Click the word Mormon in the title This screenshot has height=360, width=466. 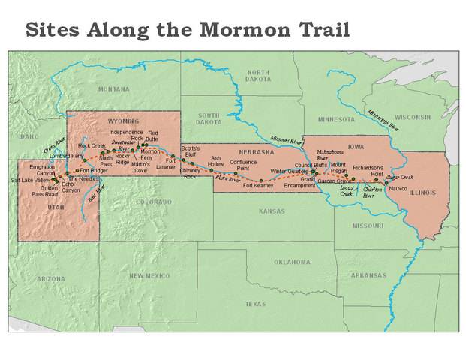(x=239, y=31)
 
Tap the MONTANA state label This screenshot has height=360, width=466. (x=113, y=88)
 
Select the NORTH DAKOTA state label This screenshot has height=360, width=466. (x=257, y=76)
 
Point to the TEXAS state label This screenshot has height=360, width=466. (x=255, y=304)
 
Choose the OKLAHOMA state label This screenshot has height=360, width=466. (x=290, y=262)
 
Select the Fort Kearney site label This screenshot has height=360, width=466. (x=258, y=185)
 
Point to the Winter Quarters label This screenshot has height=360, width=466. (x=289, y=172)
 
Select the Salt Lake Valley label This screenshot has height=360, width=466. (x=29, y=181)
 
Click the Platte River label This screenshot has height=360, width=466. (x=227, y=180)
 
